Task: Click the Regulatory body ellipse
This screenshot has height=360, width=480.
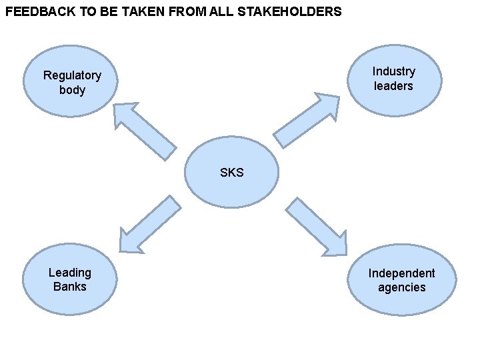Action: point(71,82)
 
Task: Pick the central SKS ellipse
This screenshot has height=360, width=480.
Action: point(231,172)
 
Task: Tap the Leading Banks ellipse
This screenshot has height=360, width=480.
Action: point(70,279)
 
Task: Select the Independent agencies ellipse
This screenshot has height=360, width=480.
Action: point(401,280)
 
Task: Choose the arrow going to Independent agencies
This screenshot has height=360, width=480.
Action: point(317,227)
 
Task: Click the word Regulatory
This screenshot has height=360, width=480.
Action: point(72,75)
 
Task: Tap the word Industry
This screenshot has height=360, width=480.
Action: point(394,71)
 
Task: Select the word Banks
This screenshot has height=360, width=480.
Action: point(70,287)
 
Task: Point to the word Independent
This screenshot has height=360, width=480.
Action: point(401,273)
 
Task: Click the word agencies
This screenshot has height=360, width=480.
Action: point(401,287)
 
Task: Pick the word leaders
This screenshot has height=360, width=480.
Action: point(394,86)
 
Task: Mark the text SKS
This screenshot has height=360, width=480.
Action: point(232,173)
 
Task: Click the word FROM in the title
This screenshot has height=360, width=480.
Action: point(200,12)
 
